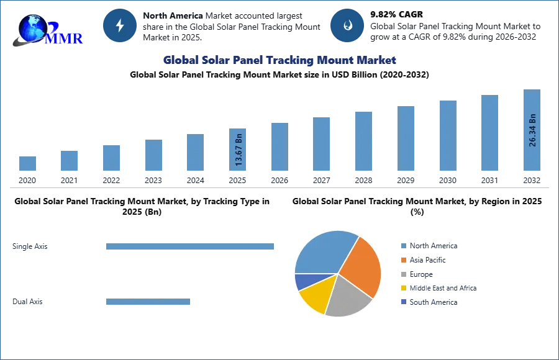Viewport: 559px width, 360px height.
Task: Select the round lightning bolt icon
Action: click(x=120, y=25)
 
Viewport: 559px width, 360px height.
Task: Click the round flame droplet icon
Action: click(x=347, y=25)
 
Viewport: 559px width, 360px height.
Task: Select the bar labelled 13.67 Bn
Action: click(x=239, y=149)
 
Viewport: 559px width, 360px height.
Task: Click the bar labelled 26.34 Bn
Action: click(x=532, y=132)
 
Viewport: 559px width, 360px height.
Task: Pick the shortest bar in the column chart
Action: click(x=27, y=164)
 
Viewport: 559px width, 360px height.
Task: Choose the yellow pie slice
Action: click(x=314, y=296)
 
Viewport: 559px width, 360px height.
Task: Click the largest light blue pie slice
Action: click(x=323, y=251)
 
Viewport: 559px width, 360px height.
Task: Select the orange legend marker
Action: click(x=402, y=258)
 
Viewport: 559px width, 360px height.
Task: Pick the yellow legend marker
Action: click(x=402, y=288)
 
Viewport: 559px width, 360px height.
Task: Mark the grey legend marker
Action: click(x=402, y=273)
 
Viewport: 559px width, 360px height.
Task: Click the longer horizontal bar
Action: click(x=191, y=248)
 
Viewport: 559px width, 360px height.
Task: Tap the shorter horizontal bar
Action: click(x=148, y=303)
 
